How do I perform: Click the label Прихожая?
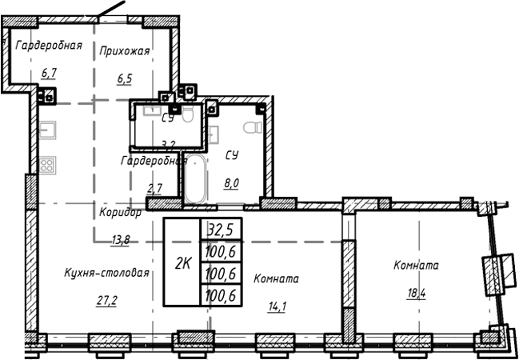point(125,51)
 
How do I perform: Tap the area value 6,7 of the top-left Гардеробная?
point(49,74)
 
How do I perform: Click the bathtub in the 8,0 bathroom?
point(194,179)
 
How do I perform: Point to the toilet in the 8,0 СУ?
point(251,129)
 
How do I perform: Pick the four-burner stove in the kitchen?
point(46,166)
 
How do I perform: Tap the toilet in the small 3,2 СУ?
point(188,114)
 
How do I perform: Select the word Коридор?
point(121,213)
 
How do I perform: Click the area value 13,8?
point(121,239)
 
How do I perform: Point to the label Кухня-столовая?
point(107,273)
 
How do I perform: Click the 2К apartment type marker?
point(182,262)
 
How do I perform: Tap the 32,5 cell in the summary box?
point(221,230)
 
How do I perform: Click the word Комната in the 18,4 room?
point(416,265)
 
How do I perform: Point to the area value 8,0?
point(231,182)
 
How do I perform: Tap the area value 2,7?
point(154,188)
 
